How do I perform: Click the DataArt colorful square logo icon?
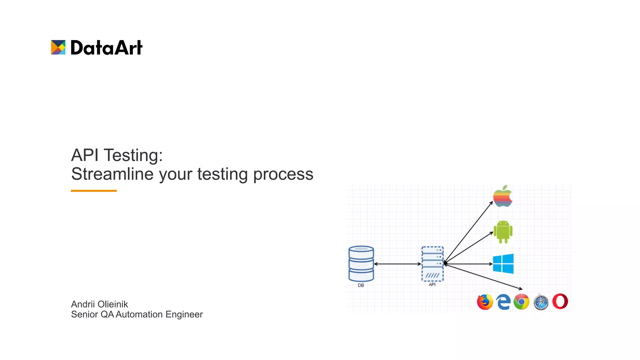(x=58, y=47)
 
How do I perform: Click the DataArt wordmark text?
(x=106, y=48)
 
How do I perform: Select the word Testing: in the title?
(x=133, y=155)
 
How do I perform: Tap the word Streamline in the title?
(x=112, y=174)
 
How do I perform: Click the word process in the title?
(x=283, y=174)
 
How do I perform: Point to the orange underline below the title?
(x=94, y=191)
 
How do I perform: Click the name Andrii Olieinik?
(x=99, y=304)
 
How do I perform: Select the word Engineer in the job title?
(x=184, y=314)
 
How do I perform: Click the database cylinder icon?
(x=361, y=264)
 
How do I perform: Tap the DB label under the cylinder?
(x=361, y=285)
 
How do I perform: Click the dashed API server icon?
(x=432, y=264)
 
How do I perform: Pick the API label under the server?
(x=432, y=284)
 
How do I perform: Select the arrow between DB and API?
(x=397, y=264)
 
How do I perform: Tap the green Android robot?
(x=503, y=232)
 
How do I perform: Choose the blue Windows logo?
(x=503, y=264)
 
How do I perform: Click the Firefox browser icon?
(x=485, y=302)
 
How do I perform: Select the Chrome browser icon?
(x=521, y=302)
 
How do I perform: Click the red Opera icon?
(x=560, y=301)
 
